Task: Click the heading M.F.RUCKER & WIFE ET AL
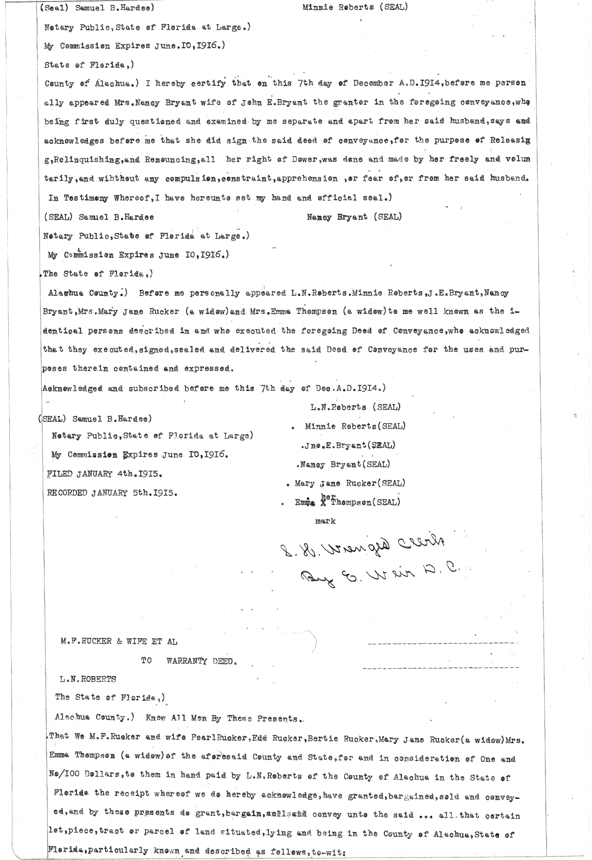[118, 642]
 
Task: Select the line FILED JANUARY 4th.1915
[105, 474]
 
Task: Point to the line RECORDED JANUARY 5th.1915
[112, 493]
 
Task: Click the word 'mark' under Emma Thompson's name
[325, 521]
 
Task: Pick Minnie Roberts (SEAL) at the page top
[355, 7]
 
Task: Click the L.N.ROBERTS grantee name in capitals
[88, 679]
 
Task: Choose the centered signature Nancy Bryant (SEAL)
[354, 217]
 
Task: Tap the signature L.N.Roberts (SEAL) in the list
[355, 407]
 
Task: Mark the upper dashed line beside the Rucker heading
[443, 643]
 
